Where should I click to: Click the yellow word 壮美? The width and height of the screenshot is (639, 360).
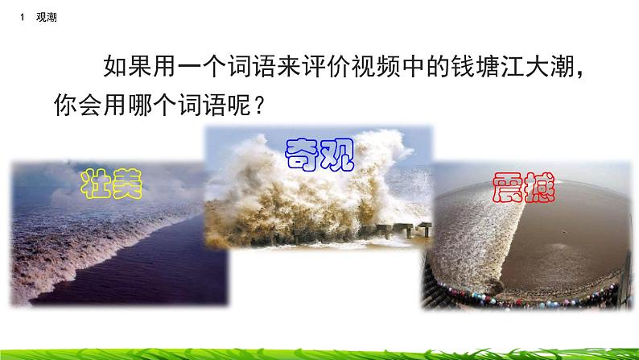tap(112, 185)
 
